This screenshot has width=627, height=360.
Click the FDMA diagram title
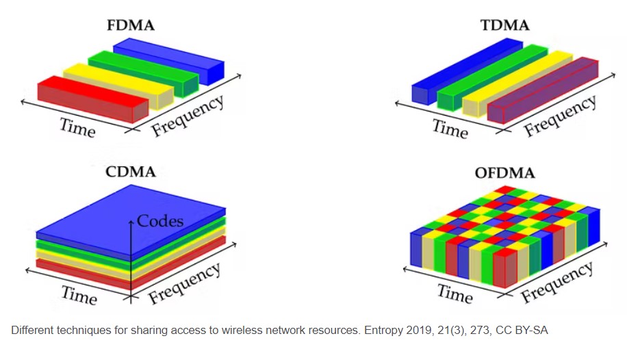[130, 25]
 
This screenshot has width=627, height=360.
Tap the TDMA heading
[504, 25]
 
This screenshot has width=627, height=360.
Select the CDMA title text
[130, 172]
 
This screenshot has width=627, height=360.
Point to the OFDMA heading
[504, 172]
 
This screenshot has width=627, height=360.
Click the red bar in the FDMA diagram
[93, 99]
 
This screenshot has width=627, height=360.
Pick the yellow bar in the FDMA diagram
[118, 86]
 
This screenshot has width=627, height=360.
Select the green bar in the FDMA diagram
[143, 74]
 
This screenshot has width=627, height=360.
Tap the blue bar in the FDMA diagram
[168, 61]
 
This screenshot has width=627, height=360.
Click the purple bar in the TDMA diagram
[543, 90]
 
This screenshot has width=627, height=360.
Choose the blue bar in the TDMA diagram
[467, 71]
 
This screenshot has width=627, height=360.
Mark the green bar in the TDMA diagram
[492, 77]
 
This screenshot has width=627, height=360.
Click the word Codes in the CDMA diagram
[160, 221]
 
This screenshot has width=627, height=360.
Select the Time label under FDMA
[77, 127]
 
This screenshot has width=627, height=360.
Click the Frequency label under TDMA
[560, 116]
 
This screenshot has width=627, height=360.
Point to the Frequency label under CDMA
[184, 283]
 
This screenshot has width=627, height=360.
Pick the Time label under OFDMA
[455, 294]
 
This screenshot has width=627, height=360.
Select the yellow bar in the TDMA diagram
[517, 83]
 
